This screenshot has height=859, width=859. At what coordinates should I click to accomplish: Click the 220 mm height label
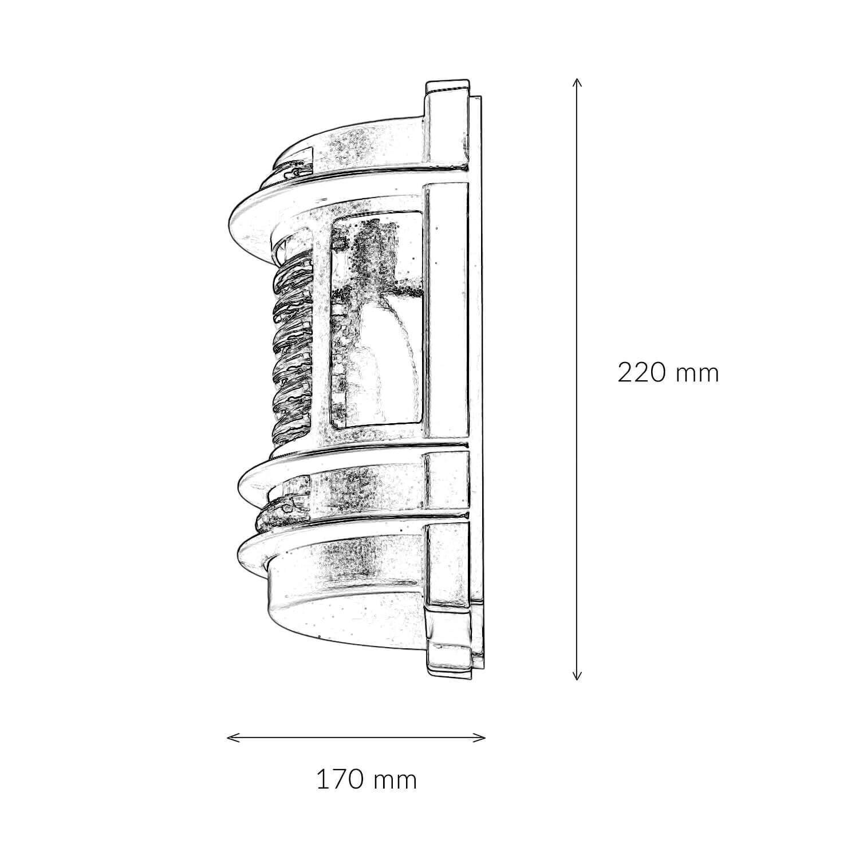point(668,373)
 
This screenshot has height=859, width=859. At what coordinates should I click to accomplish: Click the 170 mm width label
point(367,780)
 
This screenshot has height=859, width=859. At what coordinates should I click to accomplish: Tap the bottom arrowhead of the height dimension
point(577,679)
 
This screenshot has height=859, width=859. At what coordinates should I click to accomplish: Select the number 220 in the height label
point(641,373)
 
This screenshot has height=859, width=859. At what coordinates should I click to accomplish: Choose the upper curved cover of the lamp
point(355,143)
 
